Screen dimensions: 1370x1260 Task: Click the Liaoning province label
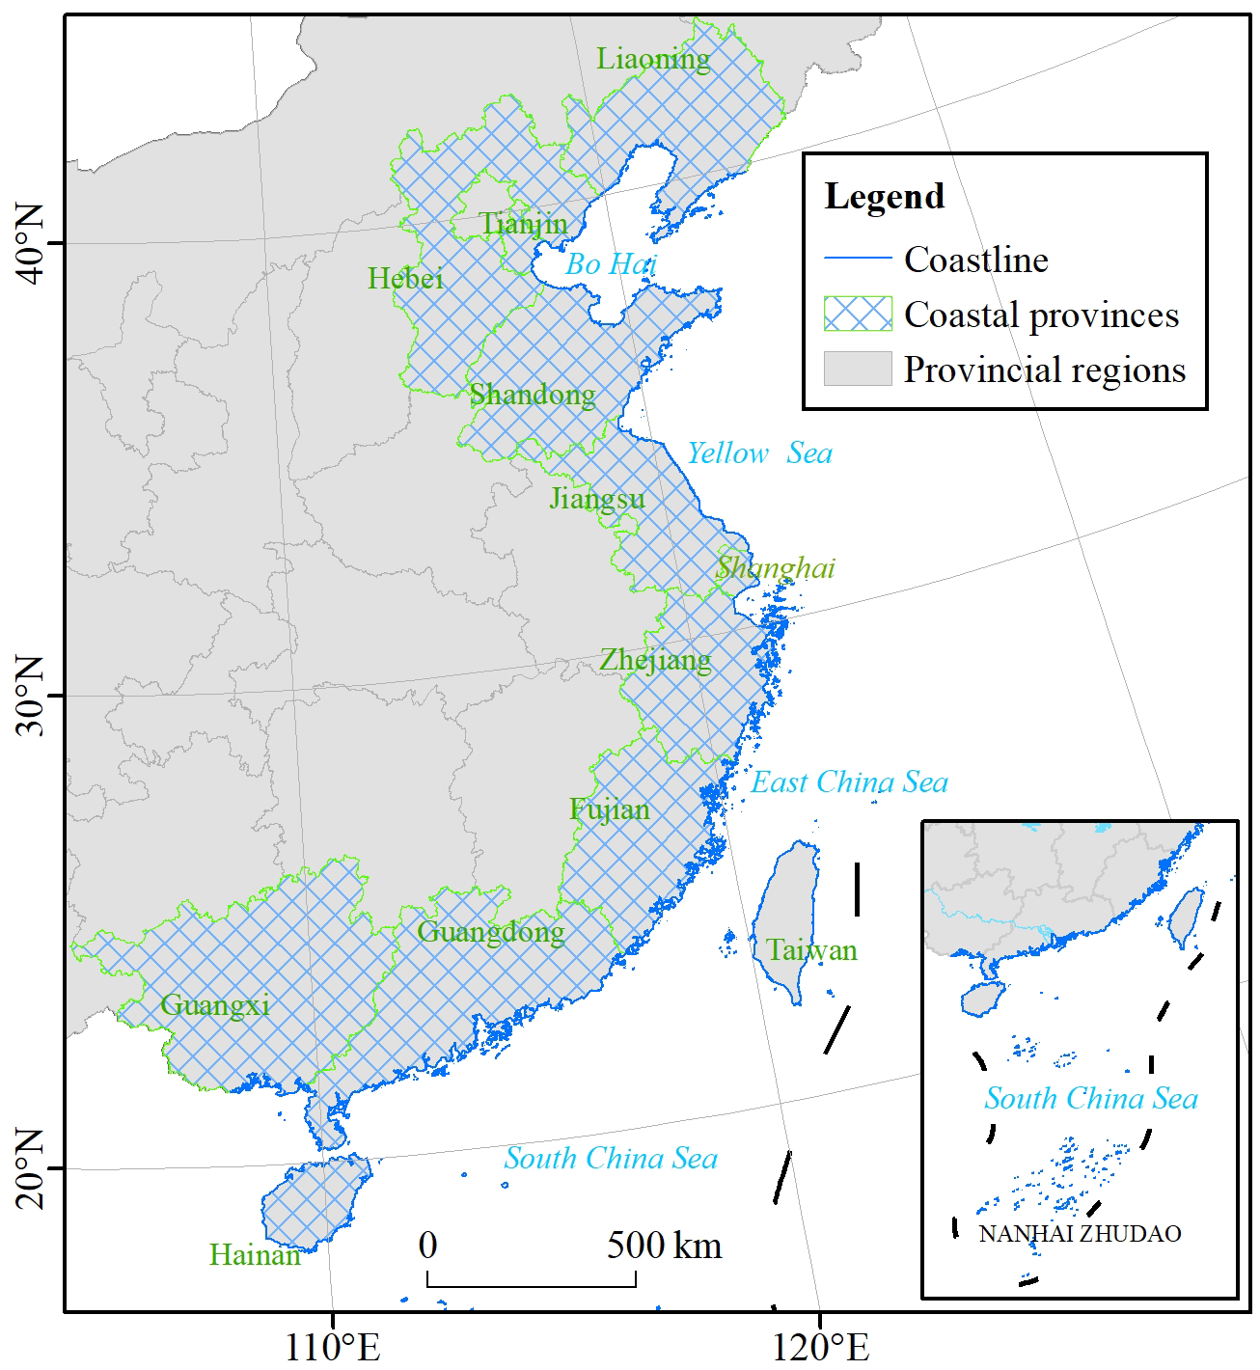click(x=653, y=60)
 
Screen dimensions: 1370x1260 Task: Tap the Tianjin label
click(x=524, y=225)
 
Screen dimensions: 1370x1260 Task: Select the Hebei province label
click(x=405, y=279)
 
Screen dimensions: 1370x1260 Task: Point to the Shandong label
click(x=532, y=395)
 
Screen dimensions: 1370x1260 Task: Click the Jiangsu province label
click(x=597, y=499)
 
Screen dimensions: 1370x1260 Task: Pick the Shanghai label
click(x=775, y=567)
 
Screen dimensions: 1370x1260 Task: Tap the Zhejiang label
click(x=655, y=660)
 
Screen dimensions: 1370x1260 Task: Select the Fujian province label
click(x=609, y=809)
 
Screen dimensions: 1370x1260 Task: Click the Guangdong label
click(x=490, y=932)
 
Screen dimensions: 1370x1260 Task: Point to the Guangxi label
click(x=214, y=1005)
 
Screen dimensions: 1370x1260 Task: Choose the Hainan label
click(x=255, y=1255)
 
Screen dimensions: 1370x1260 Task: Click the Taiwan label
click(x=811, y=950)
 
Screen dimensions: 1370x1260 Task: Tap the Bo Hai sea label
click(x=611, y=263)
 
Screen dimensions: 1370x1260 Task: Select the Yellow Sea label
click(x=759, y=453)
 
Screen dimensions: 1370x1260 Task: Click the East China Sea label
click(x=849, y=782)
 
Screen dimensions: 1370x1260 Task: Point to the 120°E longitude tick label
click(x=819, y=1347)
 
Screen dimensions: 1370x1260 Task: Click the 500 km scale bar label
click(x=664, y=1246)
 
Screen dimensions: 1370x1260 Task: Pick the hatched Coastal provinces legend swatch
click(x=857, y=315)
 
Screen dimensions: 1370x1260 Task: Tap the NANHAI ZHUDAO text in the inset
click(x=1080, y=1234)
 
